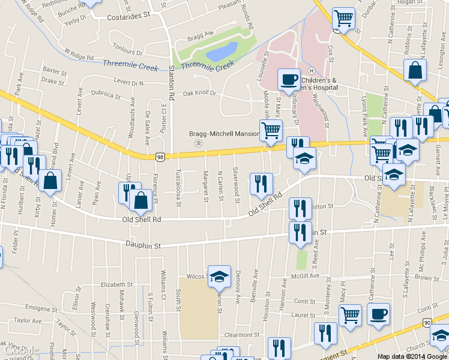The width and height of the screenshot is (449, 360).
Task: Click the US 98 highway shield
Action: coord(160,157)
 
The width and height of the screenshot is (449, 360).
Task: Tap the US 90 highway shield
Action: coord(427,323)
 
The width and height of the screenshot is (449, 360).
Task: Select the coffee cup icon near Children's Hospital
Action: coord(289,79)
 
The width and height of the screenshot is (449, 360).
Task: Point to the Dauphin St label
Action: coord(143,245)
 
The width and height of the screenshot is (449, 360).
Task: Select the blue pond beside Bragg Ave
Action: coord(220,53)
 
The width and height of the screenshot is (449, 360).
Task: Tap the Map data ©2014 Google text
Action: coord(412,356)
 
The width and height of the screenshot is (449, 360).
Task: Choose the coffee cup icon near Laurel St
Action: coord(378,314)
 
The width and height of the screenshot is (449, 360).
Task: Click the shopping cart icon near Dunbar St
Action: coord(343,19)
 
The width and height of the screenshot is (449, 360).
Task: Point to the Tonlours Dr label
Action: coord(127,52)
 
